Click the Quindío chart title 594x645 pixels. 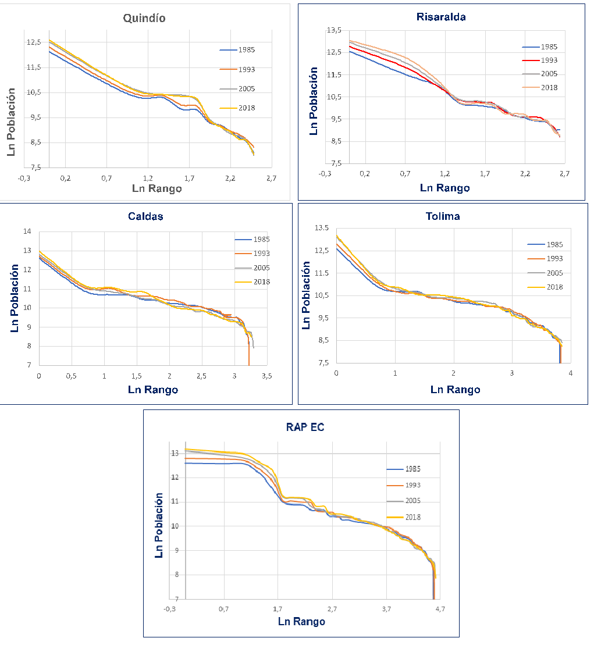click(144, 18)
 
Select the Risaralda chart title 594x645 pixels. click(441, 17)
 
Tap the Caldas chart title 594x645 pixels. click(145, 216)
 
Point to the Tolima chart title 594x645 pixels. click(442, 216)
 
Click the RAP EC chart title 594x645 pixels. click(301, 426)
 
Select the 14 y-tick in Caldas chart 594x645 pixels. click(27, 231)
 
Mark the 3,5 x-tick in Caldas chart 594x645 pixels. click(266, 377)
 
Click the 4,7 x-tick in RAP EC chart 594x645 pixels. click(440, 609)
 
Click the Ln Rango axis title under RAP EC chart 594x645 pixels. click(301, 621)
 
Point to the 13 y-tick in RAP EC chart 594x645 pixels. click(175, 453)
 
